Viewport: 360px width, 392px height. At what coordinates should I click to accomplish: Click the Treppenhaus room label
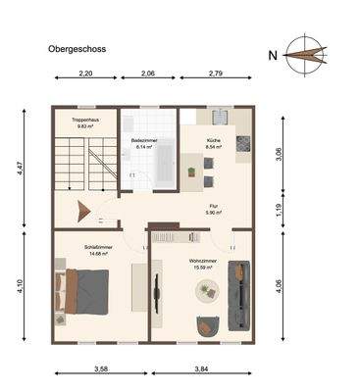click(85, 122)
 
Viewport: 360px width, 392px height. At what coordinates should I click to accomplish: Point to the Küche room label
click(213, 142)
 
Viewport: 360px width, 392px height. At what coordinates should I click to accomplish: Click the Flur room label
click(213, 209)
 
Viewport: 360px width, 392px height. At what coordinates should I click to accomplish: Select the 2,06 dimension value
click(149, 74)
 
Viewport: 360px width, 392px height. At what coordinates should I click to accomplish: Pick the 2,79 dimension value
click(216, 74)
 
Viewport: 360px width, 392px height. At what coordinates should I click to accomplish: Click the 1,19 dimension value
click(281, 208)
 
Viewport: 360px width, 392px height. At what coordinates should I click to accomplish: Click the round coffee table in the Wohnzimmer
click(206, 290)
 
